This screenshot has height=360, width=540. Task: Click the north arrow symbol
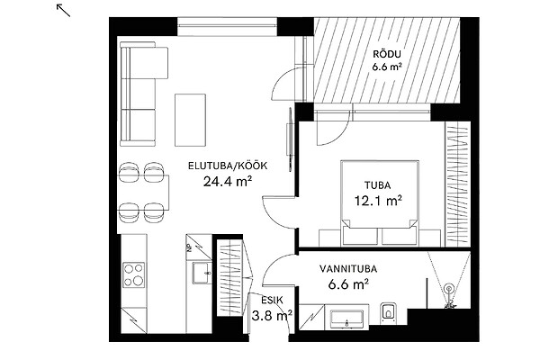tap(63, 10)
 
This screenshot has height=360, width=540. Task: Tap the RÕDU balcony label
tap(387, 54)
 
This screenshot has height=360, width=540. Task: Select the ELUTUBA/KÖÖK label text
tap(228, 166)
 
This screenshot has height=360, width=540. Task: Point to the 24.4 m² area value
tap(228, 181)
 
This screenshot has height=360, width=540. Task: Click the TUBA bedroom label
tap(378, 185)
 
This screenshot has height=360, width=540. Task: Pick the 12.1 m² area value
tap(379, 200)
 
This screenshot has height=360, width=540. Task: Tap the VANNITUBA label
tap(348, 269)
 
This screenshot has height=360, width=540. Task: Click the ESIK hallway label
tap(272, 301)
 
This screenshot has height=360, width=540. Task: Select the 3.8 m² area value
tap(272, 315)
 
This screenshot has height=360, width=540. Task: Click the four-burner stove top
tap(133, 274)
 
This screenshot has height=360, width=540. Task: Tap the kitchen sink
tap(202, 274)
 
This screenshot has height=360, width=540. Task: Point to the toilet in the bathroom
tap(389, 313)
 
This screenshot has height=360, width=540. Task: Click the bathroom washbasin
tap(346, 319)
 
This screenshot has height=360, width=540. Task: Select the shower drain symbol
tap(449, 289)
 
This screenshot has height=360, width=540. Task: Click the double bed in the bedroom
tap(380, 202)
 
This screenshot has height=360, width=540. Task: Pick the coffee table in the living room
tap(191, 120)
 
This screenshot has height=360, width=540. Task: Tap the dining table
tap(144, 193)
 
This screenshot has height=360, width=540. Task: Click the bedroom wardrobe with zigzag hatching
tap(458, 184)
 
